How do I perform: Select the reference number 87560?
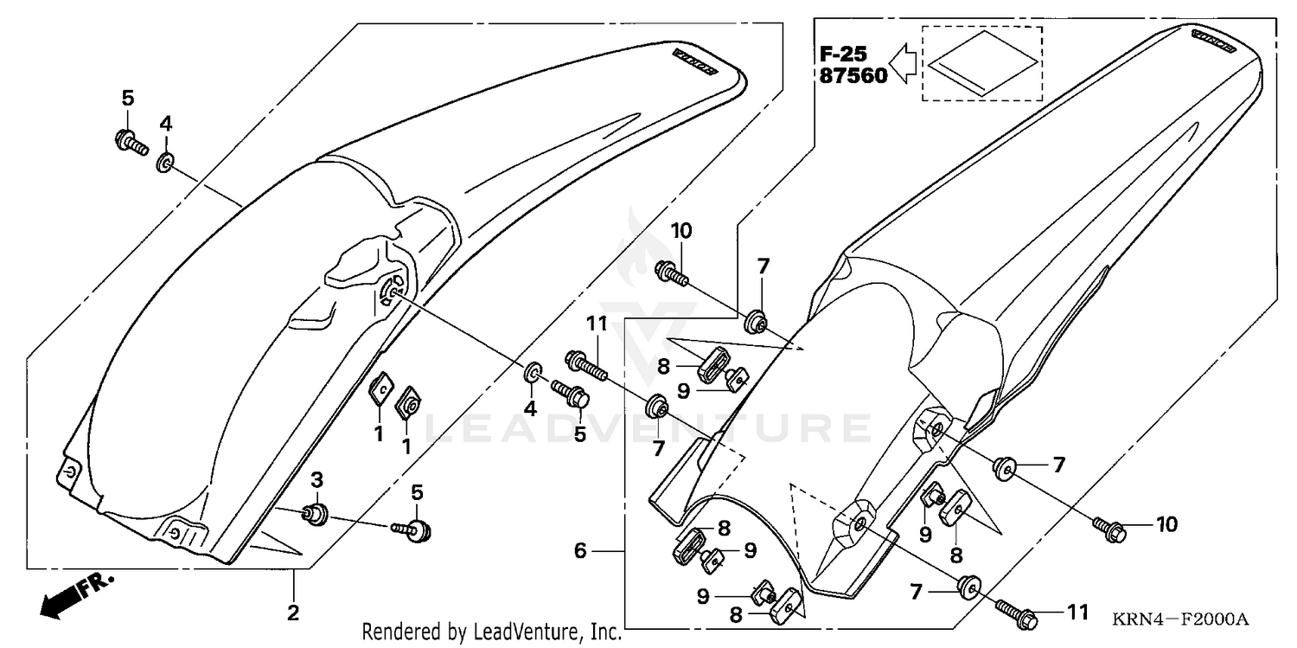(x=853, y=76)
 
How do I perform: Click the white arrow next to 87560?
(x=904, y=65)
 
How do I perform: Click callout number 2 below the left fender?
(x=293, y=613)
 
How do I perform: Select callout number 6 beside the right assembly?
(x=580, y=550)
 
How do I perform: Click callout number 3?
(x=316, y=479)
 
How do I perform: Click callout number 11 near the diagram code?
(x=1076, y=613)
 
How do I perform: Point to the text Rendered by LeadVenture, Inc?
(x=492, y=632)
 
